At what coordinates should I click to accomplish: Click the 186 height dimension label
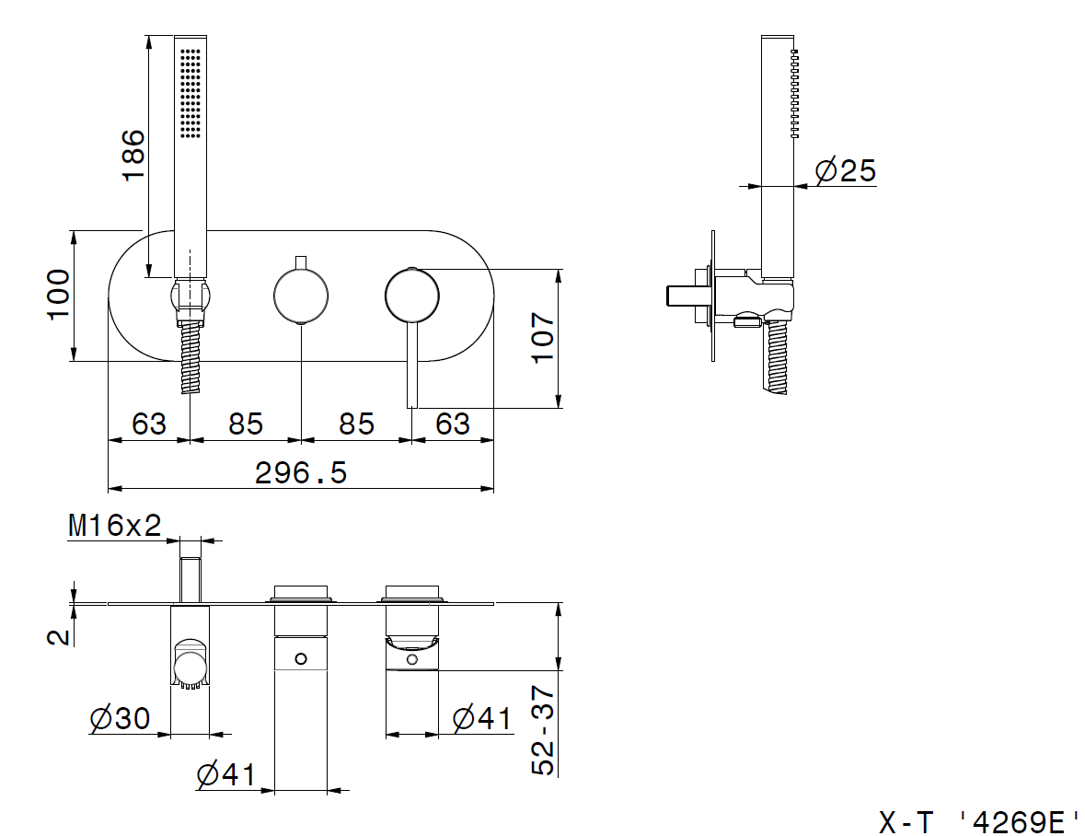pos(133,155)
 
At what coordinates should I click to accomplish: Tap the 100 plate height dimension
pos(58,295)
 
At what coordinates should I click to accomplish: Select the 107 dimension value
pos(543,338)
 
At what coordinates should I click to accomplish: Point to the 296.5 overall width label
pos(301,473)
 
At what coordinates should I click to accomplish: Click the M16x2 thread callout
pos(115,526)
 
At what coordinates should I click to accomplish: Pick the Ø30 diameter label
pos(120,718)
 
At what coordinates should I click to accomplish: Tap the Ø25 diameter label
pos(846,170)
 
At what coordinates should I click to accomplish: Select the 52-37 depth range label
pos(543,730)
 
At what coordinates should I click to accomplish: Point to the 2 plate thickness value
pos(59,637)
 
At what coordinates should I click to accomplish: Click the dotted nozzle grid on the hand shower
pos(190,91)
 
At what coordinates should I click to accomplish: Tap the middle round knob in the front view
pos(301,296)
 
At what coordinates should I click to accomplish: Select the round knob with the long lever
pos(411,296)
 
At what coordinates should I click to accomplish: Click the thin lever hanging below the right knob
pos(411,365)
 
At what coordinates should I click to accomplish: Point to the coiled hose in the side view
pos(777,357)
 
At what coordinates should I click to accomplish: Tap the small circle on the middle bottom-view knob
pos(301,658)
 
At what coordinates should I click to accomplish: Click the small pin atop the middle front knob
pos(301,262)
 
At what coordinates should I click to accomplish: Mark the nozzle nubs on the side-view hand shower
pos(794,93)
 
